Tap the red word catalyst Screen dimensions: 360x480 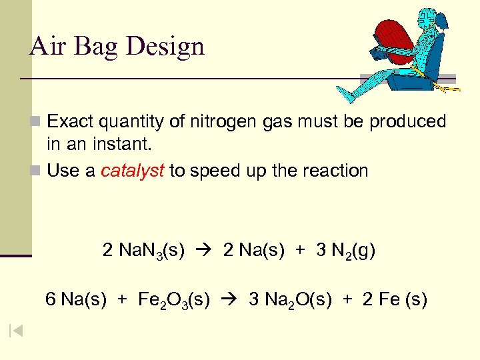133,171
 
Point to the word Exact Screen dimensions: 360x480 72,121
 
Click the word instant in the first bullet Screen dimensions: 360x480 121,143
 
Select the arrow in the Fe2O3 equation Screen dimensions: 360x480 229,300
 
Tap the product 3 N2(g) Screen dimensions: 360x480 345,251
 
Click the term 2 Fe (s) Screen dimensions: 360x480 395,299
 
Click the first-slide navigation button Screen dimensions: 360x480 16,331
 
